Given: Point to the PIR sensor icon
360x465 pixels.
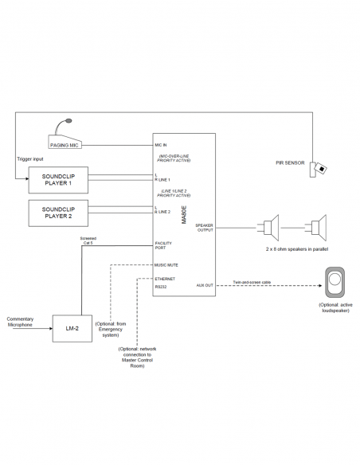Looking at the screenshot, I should pos(319,168).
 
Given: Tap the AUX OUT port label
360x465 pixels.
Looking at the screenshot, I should pos(205,284).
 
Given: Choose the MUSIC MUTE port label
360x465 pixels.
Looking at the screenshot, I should pos(166,264).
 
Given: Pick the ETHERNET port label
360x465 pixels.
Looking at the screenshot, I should pos(165,278).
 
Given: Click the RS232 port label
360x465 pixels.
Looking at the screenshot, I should pos(161,284).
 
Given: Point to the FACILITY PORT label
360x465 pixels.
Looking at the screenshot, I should pos(163,246).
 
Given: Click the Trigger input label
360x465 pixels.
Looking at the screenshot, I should pos(31,158).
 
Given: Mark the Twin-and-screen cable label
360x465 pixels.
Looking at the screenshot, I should pos(253,281).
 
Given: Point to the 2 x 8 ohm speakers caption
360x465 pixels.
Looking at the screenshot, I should pos(295,250).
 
